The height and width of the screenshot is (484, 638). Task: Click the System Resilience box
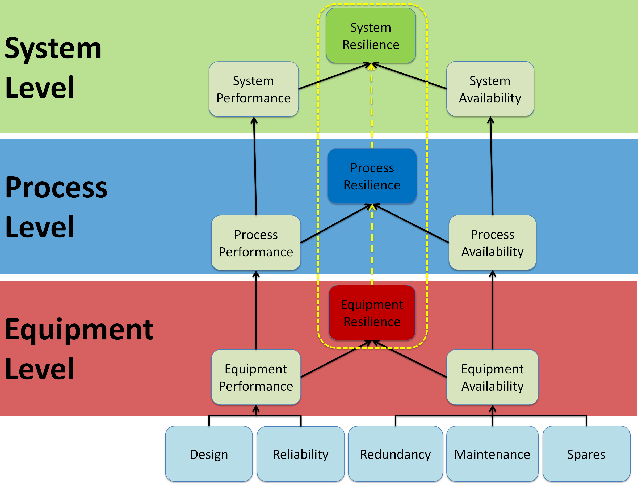coord(371,36)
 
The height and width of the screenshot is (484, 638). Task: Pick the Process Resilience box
coord(372,176)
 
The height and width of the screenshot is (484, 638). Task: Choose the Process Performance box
coord(256,243)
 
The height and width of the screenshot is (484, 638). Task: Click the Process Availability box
coord(492,243)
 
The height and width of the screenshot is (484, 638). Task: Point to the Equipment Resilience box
coord(372,313)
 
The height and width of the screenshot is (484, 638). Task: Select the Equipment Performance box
coord(256,377)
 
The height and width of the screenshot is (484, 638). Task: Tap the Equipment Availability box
coord(492,377)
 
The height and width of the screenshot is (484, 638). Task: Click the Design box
coord(209,454)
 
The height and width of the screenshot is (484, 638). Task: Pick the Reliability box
coord(301,454)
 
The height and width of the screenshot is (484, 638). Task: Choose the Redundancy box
coord(395,454)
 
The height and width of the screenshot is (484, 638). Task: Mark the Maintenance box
coord(492,454)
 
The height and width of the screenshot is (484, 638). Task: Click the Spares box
coord(586,454)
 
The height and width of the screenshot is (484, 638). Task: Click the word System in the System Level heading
coord(53,48)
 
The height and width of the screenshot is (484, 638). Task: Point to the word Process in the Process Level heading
coord(56,188)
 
